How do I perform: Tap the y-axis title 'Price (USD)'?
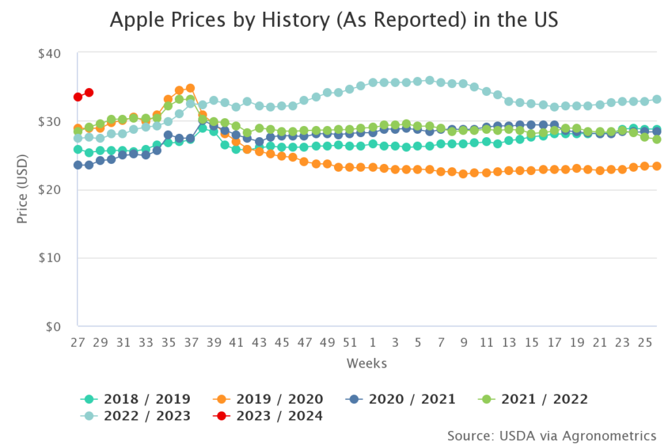23,189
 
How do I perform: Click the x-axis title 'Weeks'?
367,362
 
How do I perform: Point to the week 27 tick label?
78,342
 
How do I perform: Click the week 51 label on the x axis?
350,342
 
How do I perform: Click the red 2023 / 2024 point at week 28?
89,93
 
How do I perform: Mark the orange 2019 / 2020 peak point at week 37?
190,88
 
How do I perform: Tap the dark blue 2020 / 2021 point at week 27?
78,165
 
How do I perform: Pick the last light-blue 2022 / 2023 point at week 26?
657,99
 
